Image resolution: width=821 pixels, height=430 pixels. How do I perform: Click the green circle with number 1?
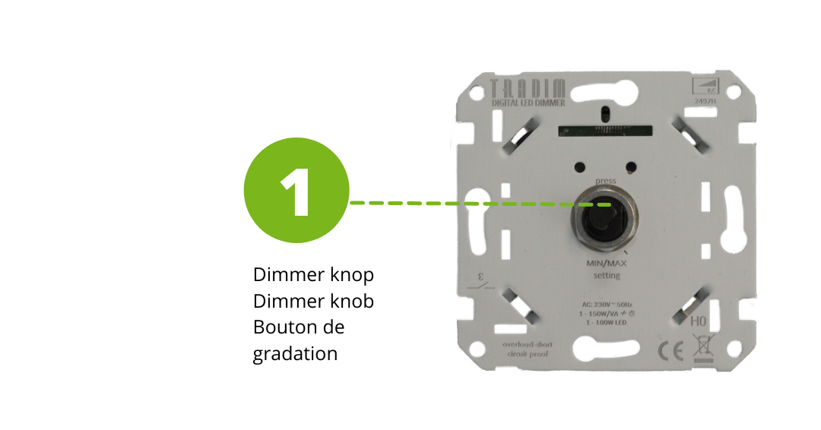pyautogui.click(x=296, y=190)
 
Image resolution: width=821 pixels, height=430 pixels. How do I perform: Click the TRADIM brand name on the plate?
pyautogui.click(x=516, y=87)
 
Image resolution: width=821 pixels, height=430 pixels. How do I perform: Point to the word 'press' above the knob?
pyautogui.click(x=606, y=180)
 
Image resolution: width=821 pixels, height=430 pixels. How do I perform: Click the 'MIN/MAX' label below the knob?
pyautogui.click(x=606, y=263)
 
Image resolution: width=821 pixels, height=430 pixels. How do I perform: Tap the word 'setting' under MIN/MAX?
pyautogui.click(x=607, y=275)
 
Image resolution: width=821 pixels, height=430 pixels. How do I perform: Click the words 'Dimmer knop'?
pyautogui.click(x=314, y=273)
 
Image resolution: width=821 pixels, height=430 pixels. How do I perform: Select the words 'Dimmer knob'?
pyautogui.click(x=314, y=301)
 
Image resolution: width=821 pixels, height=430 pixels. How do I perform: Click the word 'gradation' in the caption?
pyautogui.click(x=295, y=354)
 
